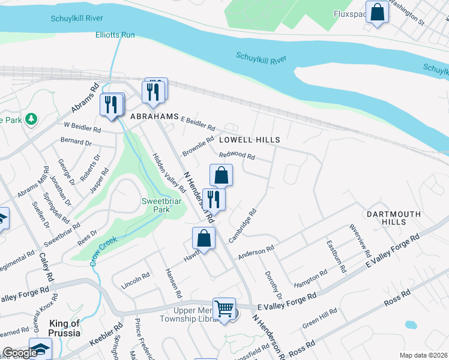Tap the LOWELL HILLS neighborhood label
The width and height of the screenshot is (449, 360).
coord(249,140)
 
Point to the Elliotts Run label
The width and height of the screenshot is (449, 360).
coord(115,35)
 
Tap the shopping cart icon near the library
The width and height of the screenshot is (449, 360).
coord(224,308)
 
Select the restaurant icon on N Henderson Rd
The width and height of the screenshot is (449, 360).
coord(214,199)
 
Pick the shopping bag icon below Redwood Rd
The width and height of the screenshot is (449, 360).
coord(221,175)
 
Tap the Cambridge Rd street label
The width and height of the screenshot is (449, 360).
coord(243,225)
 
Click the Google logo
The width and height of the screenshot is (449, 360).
coord(20,353)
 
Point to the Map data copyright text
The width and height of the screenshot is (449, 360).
coord(423,355)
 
